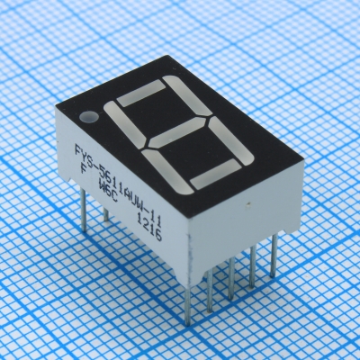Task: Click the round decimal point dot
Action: pos(87,117)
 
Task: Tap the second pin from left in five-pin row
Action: pos(209,288)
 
